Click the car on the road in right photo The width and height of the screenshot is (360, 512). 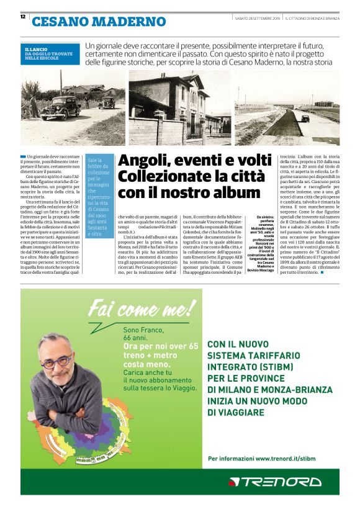pos(305,118)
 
